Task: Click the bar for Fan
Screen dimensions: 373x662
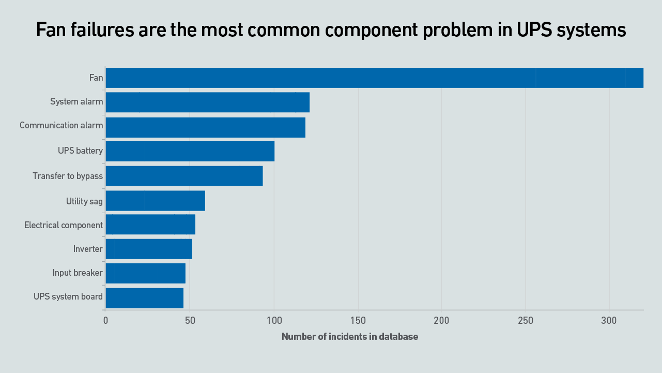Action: click(x=374, y=78)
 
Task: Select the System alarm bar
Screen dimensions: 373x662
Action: click(x=207, y=102)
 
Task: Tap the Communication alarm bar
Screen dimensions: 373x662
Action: click(x=205, y=127)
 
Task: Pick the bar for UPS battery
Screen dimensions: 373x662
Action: click(x=190, y=151)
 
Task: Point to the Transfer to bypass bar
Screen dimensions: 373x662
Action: click(x=184, y=176)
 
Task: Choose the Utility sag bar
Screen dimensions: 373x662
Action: click(x=155, y=201)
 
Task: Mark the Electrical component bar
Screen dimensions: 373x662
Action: click(x=150, y=225)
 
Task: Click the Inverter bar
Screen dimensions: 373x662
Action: click(x=149, y=249)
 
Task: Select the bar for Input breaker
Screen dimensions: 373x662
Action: click(x=145, y=273)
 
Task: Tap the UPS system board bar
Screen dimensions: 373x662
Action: click(x=144, y=298)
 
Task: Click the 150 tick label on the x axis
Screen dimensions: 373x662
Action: click(x=358, y=321)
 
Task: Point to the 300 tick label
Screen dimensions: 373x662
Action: click(x=609, y=321)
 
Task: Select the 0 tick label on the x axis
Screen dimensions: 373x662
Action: click(x=106, y=321)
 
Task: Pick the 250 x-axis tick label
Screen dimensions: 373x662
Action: click(x=526, y=321)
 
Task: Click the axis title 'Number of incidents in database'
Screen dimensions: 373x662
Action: click(x=350, y=337)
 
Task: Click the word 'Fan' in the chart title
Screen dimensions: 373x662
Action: click(x=50, y=30)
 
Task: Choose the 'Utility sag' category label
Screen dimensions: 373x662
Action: click(x=84, y=201)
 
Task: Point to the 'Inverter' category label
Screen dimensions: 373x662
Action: click(x=88, y=249)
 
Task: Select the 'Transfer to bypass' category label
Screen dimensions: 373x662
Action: click(x=68, y=176)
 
